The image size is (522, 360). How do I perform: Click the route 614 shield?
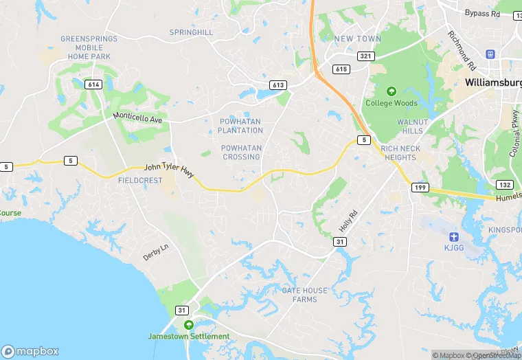[94, 84]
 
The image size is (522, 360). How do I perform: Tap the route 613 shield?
[278, 85]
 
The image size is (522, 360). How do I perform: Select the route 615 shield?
[341, 69]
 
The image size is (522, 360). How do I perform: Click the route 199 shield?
[420, 188]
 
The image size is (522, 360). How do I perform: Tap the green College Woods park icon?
[391, 91]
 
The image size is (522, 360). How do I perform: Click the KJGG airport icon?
[453, 236]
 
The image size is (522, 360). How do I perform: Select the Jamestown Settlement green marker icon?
[188, 324]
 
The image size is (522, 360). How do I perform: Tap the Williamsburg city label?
[492, 82]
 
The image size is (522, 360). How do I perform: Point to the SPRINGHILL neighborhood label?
[192, 32]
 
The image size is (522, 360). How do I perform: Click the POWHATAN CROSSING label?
[241, 153]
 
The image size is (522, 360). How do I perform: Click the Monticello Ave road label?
[137, 117]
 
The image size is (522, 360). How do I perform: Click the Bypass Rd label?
[482, 13]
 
